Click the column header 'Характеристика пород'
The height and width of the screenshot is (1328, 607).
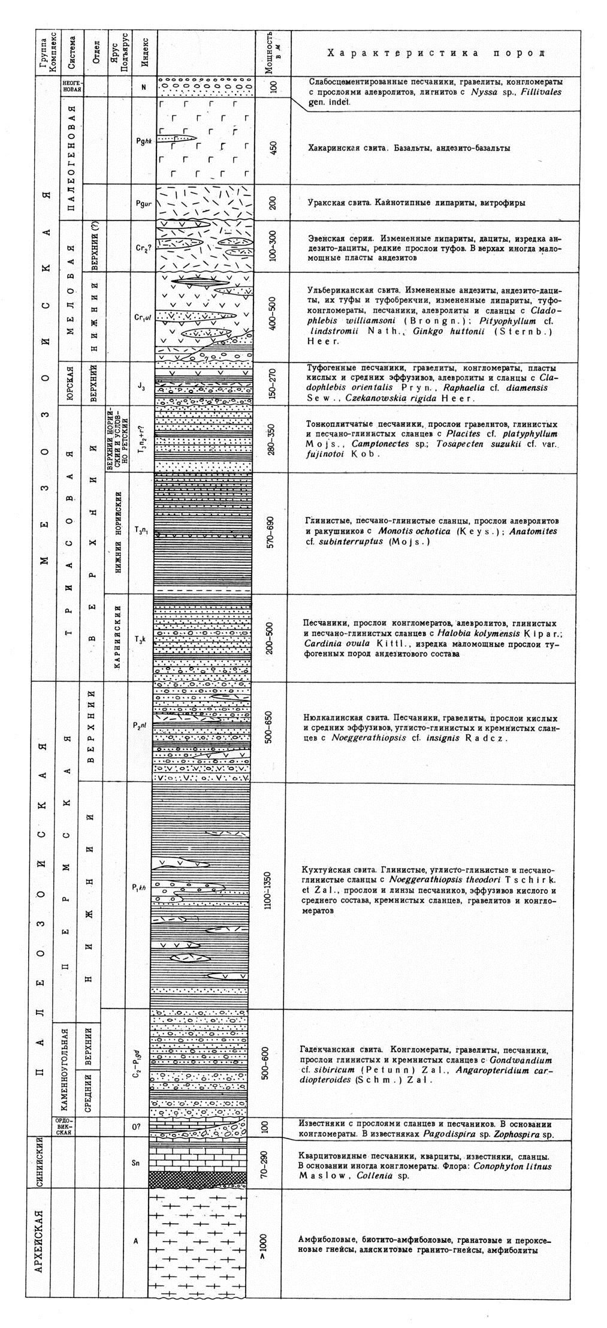pyautogui.click(x=436, y=54)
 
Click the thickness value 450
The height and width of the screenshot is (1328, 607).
pyautogui.click(x=273, y=147)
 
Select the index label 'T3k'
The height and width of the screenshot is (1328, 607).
pyautogui.click(x=140, y=640)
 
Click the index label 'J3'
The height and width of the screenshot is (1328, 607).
pyautogui.click(x=139, y=385)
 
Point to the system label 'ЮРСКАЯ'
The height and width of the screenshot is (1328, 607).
pyautogui.click(x=71, y=384)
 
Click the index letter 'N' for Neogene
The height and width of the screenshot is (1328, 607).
pyautogui.click(x=143, y=86)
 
